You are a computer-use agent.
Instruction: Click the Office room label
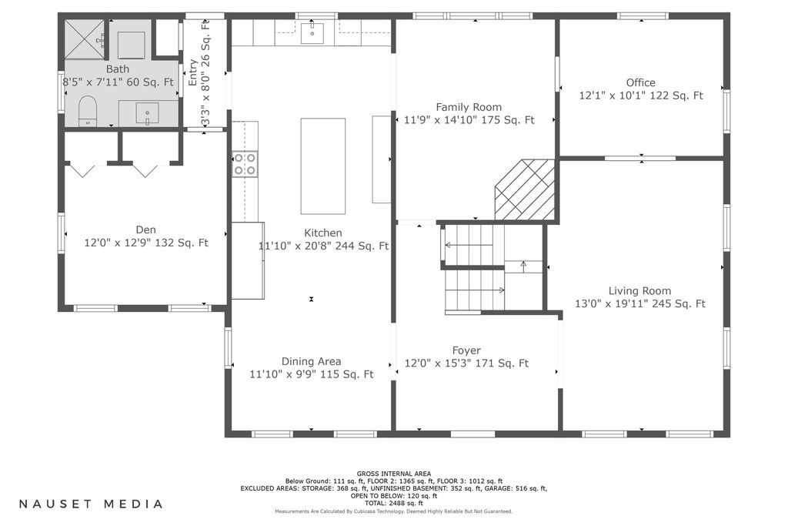pos(641,82)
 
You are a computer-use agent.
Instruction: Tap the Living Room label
pos(639,290)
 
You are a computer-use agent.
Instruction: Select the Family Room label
pos(469,107)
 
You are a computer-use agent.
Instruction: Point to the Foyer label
pos(466,350)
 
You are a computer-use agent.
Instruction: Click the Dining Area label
pos(311,361)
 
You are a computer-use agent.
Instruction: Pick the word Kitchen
pos(323,233)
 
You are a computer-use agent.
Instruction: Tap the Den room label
pos(145,229)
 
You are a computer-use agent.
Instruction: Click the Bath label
pos(118,69)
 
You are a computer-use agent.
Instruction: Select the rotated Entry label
pos(192,72)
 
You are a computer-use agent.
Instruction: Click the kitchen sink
pos(312,32)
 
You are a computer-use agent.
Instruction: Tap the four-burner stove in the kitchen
pos(245,165)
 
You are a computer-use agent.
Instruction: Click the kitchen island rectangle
pos(323,166)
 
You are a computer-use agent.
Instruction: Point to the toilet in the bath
pos(88,111)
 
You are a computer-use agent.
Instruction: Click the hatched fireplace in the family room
pos(525,190)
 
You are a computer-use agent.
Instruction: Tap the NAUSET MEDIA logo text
pos(91,504)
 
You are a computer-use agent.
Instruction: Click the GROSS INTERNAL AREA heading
pos(394,474)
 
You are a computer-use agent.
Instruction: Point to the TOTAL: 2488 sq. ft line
pos(394,503)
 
